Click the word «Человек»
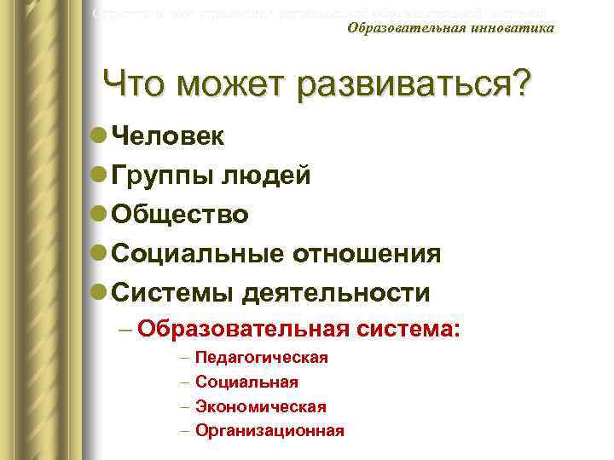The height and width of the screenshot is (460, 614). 168,136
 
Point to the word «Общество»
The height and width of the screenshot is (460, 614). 181,215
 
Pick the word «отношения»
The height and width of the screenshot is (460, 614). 368,254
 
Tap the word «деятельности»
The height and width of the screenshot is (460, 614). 336,293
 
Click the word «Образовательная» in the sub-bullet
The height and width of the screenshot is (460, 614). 243,328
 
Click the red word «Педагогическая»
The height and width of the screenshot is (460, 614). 262,358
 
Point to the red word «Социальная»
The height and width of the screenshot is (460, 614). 246,382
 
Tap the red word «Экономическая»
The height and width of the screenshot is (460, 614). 261,407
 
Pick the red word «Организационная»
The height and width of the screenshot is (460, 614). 269,431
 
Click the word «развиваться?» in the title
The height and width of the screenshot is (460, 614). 414,85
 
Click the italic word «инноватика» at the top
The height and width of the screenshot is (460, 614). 511,28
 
